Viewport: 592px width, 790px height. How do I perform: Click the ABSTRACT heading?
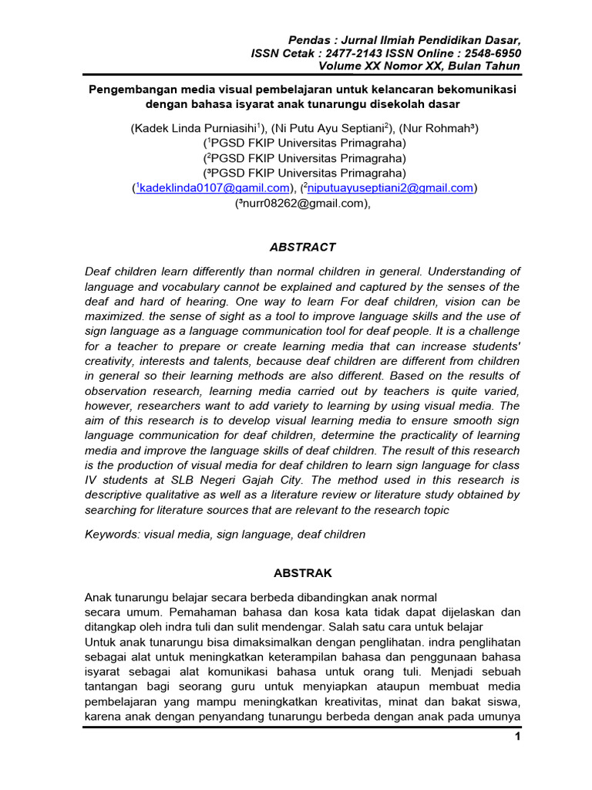pyautogui.click(x=302, y=247)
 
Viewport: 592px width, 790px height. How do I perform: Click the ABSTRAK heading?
pyautogui.click(x=303, y=573)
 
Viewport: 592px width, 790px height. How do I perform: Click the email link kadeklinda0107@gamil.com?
pyautogui.click(x=214, y=187)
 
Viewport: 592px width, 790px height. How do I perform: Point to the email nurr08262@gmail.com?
pyautogui.click(x=298, y=204)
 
